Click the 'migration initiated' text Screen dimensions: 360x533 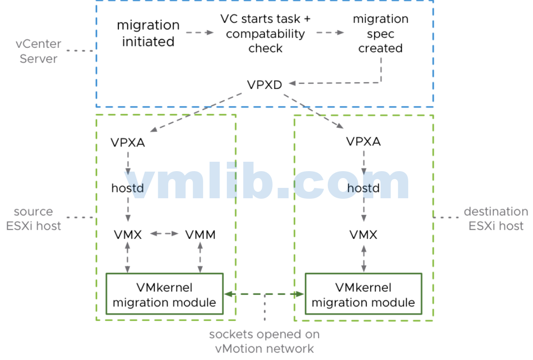click(x=148, y=34)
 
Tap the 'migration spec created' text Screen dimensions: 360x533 click(x=380, y=34)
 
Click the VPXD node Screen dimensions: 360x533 click(x=264, y=85)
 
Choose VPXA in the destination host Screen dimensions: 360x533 click(x=363, y=142)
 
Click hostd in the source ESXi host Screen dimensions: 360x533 click(x=128, y=188)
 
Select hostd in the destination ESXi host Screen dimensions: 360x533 click(x=363, y=188)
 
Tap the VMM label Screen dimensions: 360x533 click(x=200, y=235)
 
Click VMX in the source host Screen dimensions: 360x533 click(x=128, y=235)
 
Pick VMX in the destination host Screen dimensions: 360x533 click(x=363, y=235)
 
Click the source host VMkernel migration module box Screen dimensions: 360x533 click(x=165, y=294)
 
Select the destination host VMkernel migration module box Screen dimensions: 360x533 click(x=363, y=294)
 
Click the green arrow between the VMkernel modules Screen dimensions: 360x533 click(x=264, y=294)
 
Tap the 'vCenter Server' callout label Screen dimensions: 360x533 click(x=38, y=51)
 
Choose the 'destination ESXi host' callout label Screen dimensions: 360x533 click(x=496, y=219)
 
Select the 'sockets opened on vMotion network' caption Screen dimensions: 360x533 click(x=264, y=341)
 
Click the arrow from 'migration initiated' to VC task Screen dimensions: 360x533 click(x=200, y=33)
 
